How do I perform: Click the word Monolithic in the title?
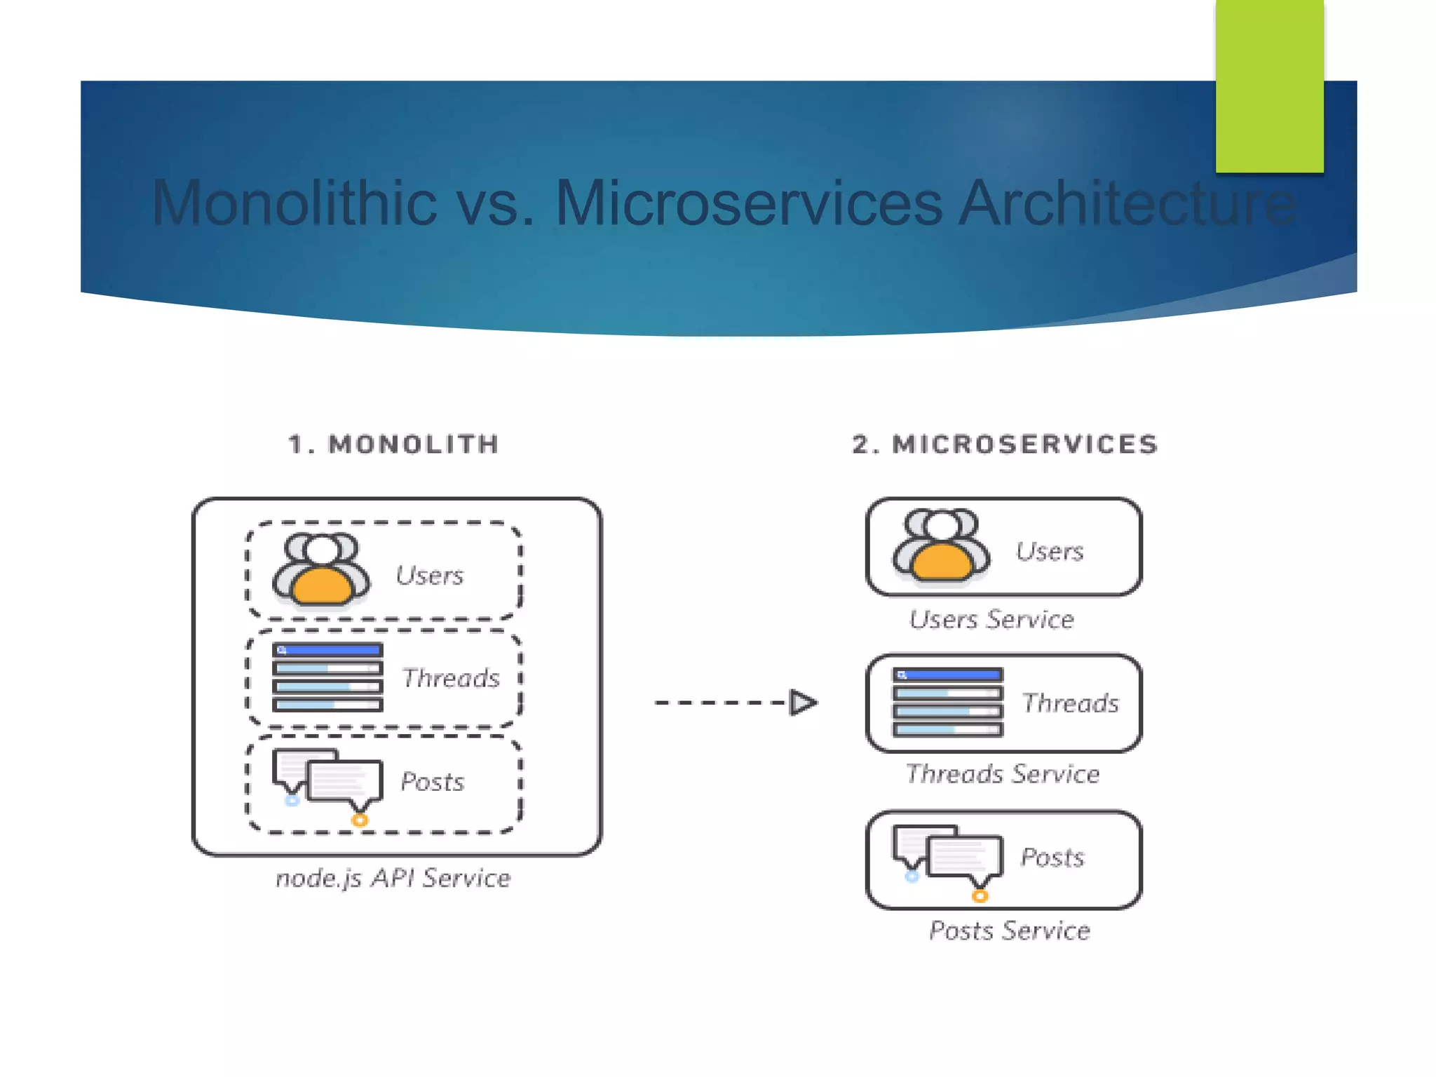(x=294, y=203)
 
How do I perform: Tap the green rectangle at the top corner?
(x=1269, y=86)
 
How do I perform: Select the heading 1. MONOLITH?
(x=393, y=445)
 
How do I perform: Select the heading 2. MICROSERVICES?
(x=1005, y=445)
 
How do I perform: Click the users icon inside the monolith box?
(x=321, y=569)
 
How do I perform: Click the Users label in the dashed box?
(x=429, y=576)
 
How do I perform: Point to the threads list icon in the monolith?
(x=327, y=677)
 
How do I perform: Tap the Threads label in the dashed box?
(x=451, y=678)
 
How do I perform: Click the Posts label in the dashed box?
(x=432, y=782)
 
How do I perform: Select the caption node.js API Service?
(x=393, y=878)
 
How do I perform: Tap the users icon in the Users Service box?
(x=941, y=546)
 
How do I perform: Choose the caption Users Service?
(x=991, y=619)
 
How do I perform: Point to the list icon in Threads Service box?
(x=947, y=702)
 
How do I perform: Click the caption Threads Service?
(x=1002, y=774)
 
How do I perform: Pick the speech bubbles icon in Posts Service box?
(x=947, y=860)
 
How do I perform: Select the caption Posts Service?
(x=1009, y=930)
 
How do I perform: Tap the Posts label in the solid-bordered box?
(x=1052, y=857)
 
